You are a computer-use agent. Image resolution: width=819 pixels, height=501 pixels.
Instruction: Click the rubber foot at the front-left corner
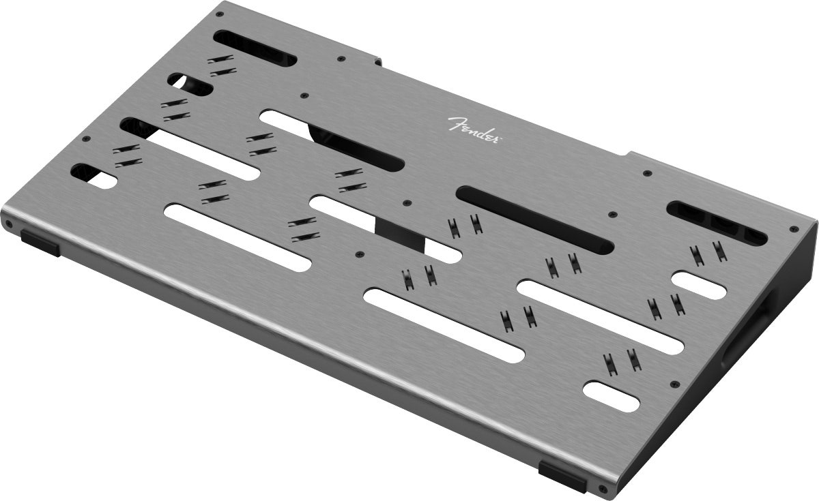40,242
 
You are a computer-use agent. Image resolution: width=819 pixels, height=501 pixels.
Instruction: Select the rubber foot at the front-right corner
562,474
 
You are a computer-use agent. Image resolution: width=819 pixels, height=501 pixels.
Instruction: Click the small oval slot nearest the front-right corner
612,396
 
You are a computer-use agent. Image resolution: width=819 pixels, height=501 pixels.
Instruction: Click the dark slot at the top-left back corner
254,48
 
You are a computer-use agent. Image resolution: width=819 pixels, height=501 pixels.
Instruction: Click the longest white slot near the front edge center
444,324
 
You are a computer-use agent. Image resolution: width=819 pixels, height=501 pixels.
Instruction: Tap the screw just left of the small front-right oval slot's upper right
674,384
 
